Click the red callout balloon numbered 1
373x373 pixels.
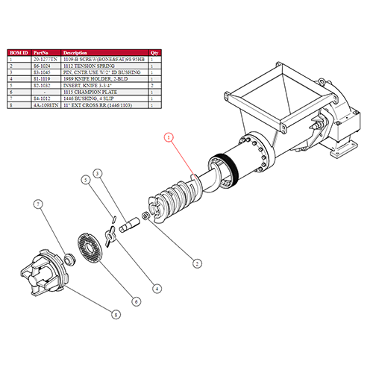pyautogui.click(x=169, y=137)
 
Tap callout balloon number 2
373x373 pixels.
pyautogui.click(x=197, y=263)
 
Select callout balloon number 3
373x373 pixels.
pyautogui.click(x=97, y=174)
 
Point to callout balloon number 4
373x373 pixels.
pyautogui.click(x=157, y=289)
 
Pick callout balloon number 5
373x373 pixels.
pyautogui.click(x=87, y=180)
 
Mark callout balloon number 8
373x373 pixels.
pyautogui.click(x=114, y=315)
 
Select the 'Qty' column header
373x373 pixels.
pyautogui.click(x=155, y=53)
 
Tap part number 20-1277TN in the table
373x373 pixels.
pyautogui.click(x=44, y=60)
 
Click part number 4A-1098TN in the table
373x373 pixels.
pyautogui.click(x=45, y=105)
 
